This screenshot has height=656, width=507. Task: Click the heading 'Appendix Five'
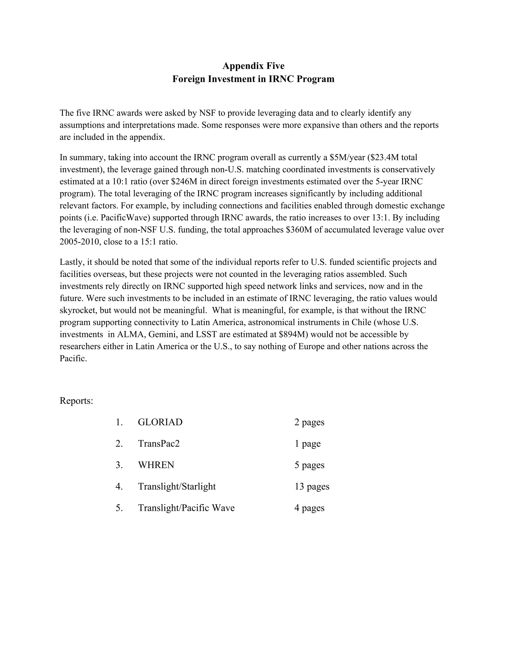pos(253,66)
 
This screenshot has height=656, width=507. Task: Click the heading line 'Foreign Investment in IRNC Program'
pos(253,79)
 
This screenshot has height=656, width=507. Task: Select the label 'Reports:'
pos(76,401)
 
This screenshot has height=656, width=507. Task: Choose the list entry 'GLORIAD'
pos(160,422)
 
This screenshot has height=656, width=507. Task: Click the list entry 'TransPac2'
pos(159,444)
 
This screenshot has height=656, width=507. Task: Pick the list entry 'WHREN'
pos(156,465)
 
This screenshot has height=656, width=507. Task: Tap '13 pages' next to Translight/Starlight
pos(312,487)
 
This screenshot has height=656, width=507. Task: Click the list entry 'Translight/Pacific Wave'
pos(186,508)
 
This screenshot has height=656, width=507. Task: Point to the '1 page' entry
pos(307,444)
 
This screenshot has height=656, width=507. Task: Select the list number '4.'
pos(119,487)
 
